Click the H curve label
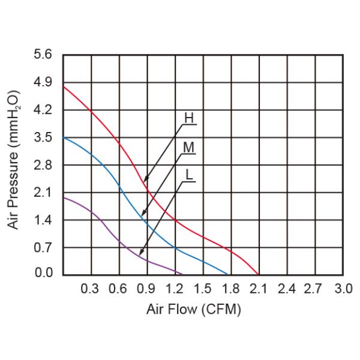pos(189,118)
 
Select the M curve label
pos(189,147)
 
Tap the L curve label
pos(189,175)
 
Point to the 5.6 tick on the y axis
pos(44,55)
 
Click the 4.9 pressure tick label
pos(44,82)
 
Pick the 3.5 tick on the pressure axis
pos(44,137)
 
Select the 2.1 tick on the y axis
pos(44,193)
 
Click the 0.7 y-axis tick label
pos(44,247)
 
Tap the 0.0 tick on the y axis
pos(44,274)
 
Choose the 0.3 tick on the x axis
pos(90,289)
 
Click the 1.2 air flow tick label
pos(175,289)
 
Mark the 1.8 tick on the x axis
pos(230,289)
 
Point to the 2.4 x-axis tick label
pos(287,289)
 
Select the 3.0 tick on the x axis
pos(343,289)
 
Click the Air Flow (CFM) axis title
pos(194,310)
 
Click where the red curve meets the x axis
pos(259,274)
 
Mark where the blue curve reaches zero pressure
pos(231,274)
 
